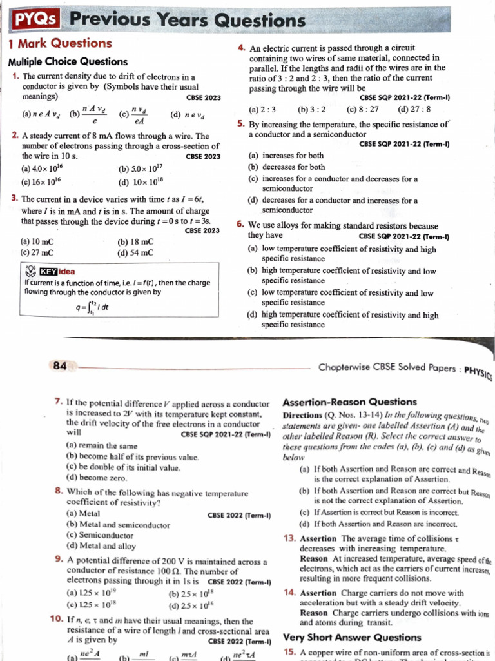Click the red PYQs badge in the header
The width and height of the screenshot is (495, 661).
36,21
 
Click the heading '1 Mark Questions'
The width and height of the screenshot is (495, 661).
60,44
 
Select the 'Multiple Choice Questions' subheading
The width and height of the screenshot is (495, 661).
68,62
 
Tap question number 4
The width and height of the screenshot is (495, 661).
240,48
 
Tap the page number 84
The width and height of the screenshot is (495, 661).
60,366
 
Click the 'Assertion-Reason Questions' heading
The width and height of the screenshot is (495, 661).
350,402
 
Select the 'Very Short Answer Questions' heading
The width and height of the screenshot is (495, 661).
352,637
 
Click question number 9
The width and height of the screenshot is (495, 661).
59,560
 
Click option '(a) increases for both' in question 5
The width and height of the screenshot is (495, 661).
286,156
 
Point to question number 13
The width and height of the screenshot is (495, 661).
289,538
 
